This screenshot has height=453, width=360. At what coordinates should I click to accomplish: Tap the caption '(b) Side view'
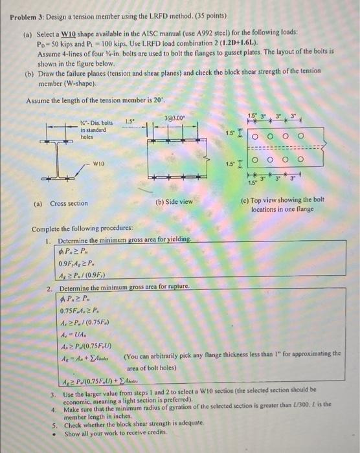pos(174,203)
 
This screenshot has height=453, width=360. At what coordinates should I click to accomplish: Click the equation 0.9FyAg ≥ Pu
pos(78,263)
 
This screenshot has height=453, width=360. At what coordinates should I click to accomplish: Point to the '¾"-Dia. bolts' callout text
pos(95,123)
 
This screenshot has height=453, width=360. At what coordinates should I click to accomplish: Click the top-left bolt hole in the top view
pos(257,137)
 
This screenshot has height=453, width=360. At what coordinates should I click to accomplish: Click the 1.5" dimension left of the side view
pos(129,120)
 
